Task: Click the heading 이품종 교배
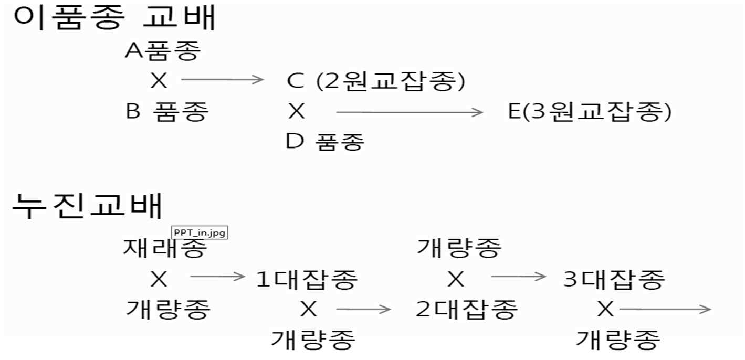[x=114, y=18]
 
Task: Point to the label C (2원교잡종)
[x=376, y=81]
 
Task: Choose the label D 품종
[x=326, y=141]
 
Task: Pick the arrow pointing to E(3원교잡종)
[x=409, y=112]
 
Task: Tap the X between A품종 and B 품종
[x=159, y=81]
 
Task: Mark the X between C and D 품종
[x=297, y=111]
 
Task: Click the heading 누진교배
[x=87, y=206]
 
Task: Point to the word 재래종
[x=163, y=248]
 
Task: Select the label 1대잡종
[x=307, y=280]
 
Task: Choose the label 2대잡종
[x=467, y=310]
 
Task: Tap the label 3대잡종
[x=614, y=280]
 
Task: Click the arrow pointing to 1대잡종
[x=217, y=277]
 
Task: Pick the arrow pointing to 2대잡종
[x=364, y=309]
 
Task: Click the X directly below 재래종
[x=159, y=280]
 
